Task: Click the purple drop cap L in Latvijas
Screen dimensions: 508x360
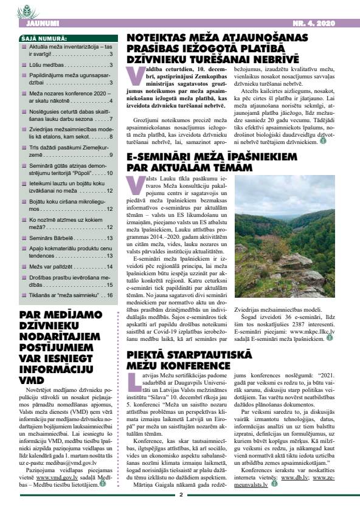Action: click(x=132, y=382)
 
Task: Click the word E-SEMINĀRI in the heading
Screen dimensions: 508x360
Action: click(x=159, y=156)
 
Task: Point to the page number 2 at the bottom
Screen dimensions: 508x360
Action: click(x=181, y=495)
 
